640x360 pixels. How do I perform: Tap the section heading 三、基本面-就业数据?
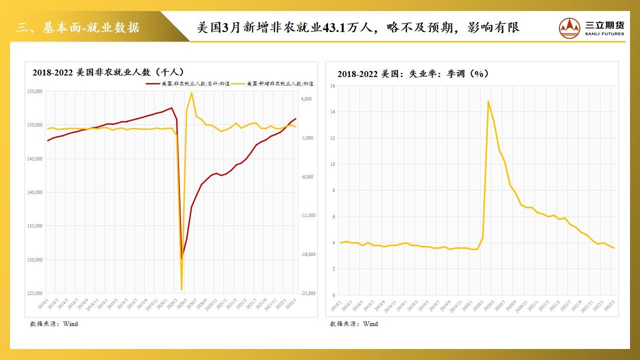pyautogui.click(x=78, y=27)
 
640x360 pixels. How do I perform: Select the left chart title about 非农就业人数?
pyautogui.click(x=108, y=72)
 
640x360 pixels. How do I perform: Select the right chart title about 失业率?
pyautogui.click(x=413, y=74)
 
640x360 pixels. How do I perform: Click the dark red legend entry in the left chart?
pyautogui.click(x=187, y=83)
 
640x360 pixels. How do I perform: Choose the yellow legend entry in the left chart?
pyautogui.click(x=272, y=83)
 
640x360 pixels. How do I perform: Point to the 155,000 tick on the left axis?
pyautogui.click(x=34, y=91)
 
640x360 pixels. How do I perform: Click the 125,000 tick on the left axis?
pyautogui.click(x=34, y=293)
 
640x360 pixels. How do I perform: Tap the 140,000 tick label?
pyautogui.click(x=34, y=192)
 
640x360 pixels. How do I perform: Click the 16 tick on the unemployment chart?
pyautogui.click(x=332, y=86)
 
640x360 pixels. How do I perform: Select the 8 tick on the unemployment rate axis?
pyautogui.click(x=333, y=190)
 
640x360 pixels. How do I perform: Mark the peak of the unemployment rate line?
pyautogui.click(x=488, y=101)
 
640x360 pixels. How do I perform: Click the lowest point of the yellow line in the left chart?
pyautogui.click(x=181, y=289)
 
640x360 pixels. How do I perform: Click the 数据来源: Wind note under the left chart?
pyautogui.click(x=54, y=324)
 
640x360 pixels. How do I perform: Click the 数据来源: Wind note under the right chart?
pyautogui.click(x=354, y=324)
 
